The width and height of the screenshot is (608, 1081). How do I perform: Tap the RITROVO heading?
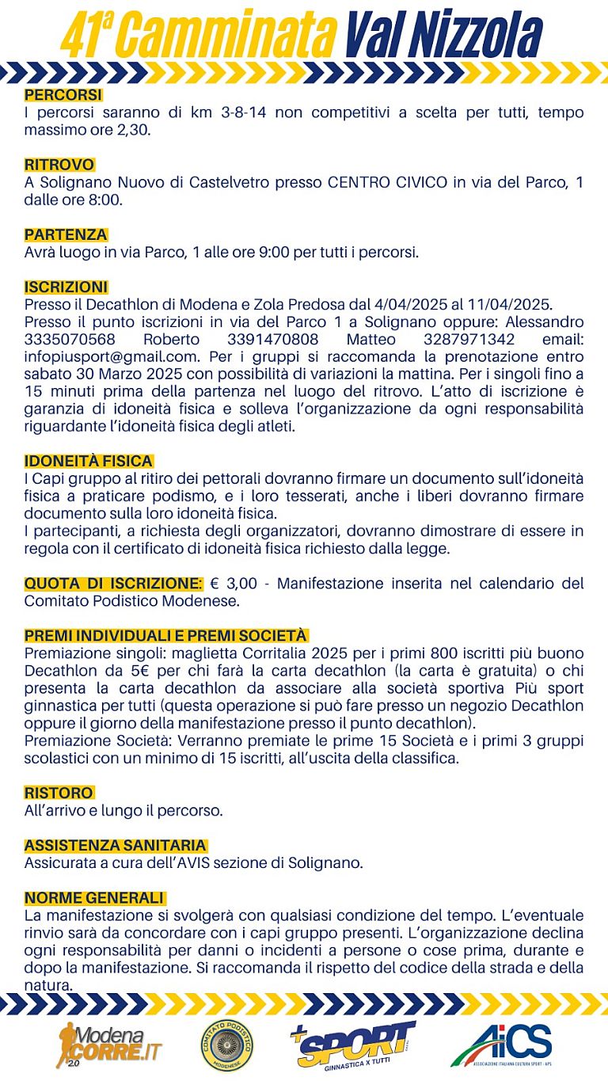[x=59, y=166]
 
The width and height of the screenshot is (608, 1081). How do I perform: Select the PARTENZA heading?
[x=66, y=235]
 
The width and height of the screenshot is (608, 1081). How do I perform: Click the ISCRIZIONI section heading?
[x=66, y=287]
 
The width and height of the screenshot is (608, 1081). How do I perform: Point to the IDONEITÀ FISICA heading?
[x=89, y=461]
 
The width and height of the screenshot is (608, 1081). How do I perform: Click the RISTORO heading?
[x=59, y=793]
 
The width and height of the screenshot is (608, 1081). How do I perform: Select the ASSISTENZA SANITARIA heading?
[x=116, y=845]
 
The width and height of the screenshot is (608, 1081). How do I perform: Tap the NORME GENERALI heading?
[x=94, y=897]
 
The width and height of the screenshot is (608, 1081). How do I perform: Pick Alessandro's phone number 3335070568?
[x=70, y=339]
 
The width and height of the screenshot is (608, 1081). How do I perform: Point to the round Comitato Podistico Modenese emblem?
[x=227, y=1045]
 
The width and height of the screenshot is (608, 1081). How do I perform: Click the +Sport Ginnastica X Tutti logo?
[x=352, y=1045]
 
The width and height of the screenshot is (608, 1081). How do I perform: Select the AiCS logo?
[x=502, y=1045]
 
